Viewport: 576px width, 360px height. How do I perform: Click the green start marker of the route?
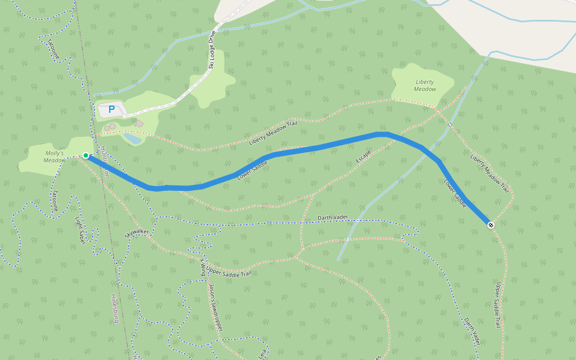click(x=86, y=155)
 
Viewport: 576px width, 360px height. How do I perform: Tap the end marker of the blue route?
click(x=491, y=225)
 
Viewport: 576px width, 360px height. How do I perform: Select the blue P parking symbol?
click(x=111, y=110)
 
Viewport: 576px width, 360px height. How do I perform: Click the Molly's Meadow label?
click(x=55, y=157)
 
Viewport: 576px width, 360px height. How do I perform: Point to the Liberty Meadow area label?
click(x=425, y=85)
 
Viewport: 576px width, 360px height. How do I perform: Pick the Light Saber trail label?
click(x=79, y=230)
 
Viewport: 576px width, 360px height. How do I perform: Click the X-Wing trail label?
click(x=202, y=267)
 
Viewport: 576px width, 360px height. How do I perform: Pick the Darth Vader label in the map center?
click(x=333, y=217)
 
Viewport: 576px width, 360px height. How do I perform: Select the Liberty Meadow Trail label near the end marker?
click(x=490, y=170)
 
